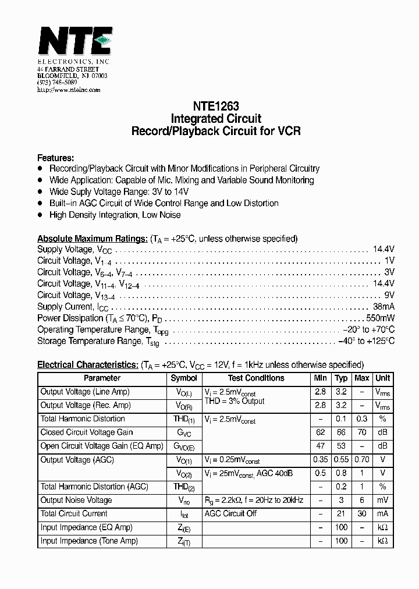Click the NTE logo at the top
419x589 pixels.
click(x=74, y=42)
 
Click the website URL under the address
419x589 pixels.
click(x=69, y=90)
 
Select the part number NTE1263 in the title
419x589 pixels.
click(x=215, y=107)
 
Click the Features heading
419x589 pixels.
click(x=55, y=158)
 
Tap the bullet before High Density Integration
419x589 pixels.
click(x=40, y=215)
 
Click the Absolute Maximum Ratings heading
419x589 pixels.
click(x=92, y=239)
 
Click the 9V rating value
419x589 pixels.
click(x=389, y=295)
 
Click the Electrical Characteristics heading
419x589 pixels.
click(x=87, y=365)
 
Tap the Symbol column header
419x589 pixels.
click(x=184, y=378)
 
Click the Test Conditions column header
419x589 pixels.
click(x=256, y=378)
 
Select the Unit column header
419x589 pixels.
click(x=383, y=378)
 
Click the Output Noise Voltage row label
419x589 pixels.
click(x=76, y=500)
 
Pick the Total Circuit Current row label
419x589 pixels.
click(x=74, y=513)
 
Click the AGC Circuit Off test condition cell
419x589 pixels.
click(x=230, y=513)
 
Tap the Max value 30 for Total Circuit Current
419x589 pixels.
click(x=361, y=514)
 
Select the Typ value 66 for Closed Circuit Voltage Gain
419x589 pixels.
click(x=341, y=432)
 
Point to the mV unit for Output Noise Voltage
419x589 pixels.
click(x=382, y=501)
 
